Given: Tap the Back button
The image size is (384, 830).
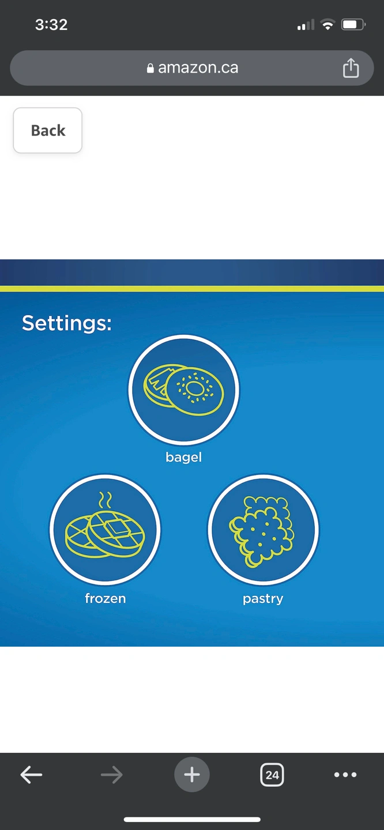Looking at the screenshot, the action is pos(47,130).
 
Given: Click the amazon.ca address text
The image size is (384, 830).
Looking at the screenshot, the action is pos(198,68).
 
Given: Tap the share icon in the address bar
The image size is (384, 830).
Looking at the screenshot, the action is pos(351,68).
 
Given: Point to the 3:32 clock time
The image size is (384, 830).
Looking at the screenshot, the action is pos(51,25).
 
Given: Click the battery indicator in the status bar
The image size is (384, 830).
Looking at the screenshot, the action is pos(353,25).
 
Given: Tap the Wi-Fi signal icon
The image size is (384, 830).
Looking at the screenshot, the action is pos(327,25).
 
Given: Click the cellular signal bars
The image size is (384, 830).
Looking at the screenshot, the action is pos(306,25).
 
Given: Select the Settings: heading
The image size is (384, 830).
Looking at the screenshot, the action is pos(67,323).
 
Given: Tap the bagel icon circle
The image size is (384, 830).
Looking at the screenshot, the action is pos(184,390).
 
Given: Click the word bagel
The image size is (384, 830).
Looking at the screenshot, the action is pos(183,457).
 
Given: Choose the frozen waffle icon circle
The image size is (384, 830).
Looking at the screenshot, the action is pos(105,530).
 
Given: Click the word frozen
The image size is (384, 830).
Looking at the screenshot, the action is pos(106,598).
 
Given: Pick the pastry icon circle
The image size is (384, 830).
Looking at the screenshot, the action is pos(263,530).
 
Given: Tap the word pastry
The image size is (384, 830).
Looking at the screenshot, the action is pos(263,599).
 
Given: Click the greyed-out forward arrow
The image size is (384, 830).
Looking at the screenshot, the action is pos(112,775).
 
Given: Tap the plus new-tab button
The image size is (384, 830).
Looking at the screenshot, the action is pos(192,775).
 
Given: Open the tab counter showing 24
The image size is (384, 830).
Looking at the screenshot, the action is pos(272,775).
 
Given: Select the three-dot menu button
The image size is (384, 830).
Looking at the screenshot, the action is pos(345,775).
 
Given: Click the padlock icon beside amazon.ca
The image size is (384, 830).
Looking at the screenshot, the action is pos(150,68).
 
